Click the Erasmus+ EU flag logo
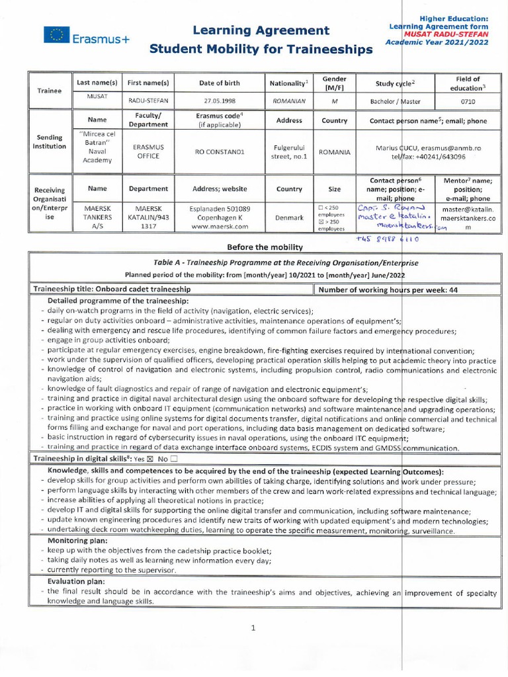pos(57,35)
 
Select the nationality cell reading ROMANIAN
pos(289,102)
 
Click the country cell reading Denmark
pos(289,216)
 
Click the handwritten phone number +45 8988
pos(386,241)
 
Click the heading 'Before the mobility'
pos(265,247)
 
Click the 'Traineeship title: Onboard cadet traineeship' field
pos(112,289)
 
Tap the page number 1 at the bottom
pos(253,628)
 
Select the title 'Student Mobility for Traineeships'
pos(261,49)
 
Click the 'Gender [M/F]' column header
pos(334,83)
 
